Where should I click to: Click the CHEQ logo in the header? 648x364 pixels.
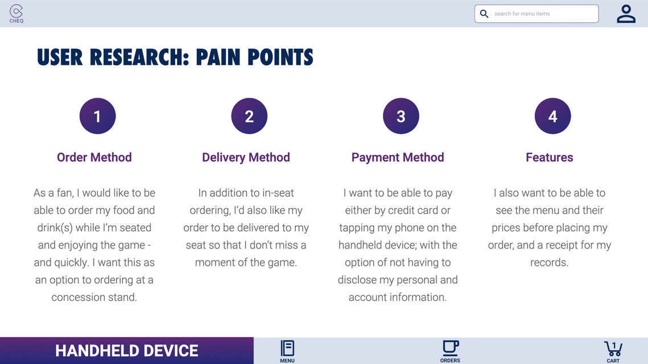16,14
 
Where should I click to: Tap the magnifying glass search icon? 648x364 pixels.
484,14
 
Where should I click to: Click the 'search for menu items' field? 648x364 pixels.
536,14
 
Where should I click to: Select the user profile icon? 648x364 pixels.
626,14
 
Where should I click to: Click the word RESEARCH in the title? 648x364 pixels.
139,57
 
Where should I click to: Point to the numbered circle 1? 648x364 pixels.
97,116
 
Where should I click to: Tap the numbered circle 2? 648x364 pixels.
249,116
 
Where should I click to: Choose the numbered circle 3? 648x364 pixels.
401,116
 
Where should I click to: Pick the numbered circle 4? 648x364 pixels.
552,116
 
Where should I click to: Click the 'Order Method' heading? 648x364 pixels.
94,158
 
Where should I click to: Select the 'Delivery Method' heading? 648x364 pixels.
246,158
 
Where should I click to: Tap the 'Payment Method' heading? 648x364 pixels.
398,158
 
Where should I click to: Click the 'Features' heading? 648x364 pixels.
549,158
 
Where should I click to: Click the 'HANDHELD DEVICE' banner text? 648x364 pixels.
126,351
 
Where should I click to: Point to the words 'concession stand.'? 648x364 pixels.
94,297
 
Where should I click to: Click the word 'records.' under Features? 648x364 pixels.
549,262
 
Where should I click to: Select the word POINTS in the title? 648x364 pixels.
280,57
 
